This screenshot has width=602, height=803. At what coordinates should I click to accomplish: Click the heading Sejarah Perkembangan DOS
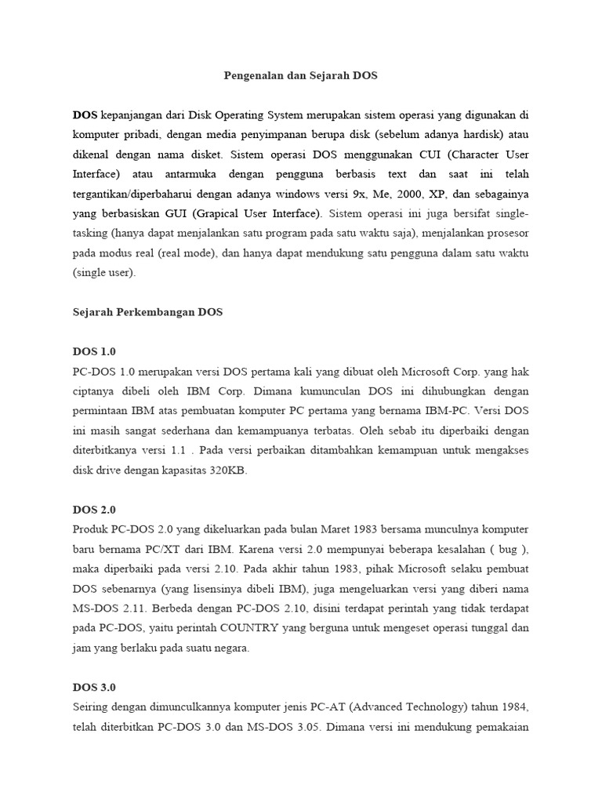[148, 311]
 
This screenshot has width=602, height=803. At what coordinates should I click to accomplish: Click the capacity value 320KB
[234, 470]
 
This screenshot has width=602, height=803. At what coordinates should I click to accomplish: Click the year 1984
[514, 707]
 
